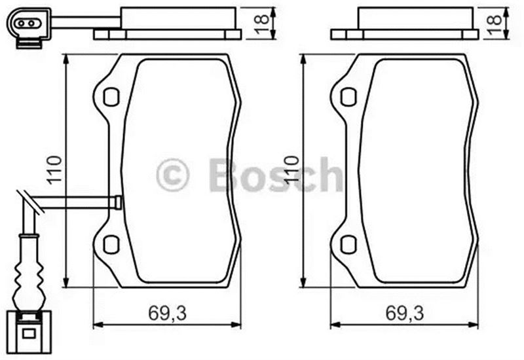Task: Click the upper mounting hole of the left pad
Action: (111, 97)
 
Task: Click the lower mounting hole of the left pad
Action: (111, 244)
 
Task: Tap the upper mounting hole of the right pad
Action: (348, 97)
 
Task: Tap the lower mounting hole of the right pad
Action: (348, 244)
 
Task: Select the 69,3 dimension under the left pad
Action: (167, 314)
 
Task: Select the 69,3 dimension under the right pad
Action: (405, 314)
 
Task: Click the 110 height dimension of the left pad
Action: (54, 170)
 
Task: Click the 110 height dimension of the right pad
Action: (291, 170)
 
